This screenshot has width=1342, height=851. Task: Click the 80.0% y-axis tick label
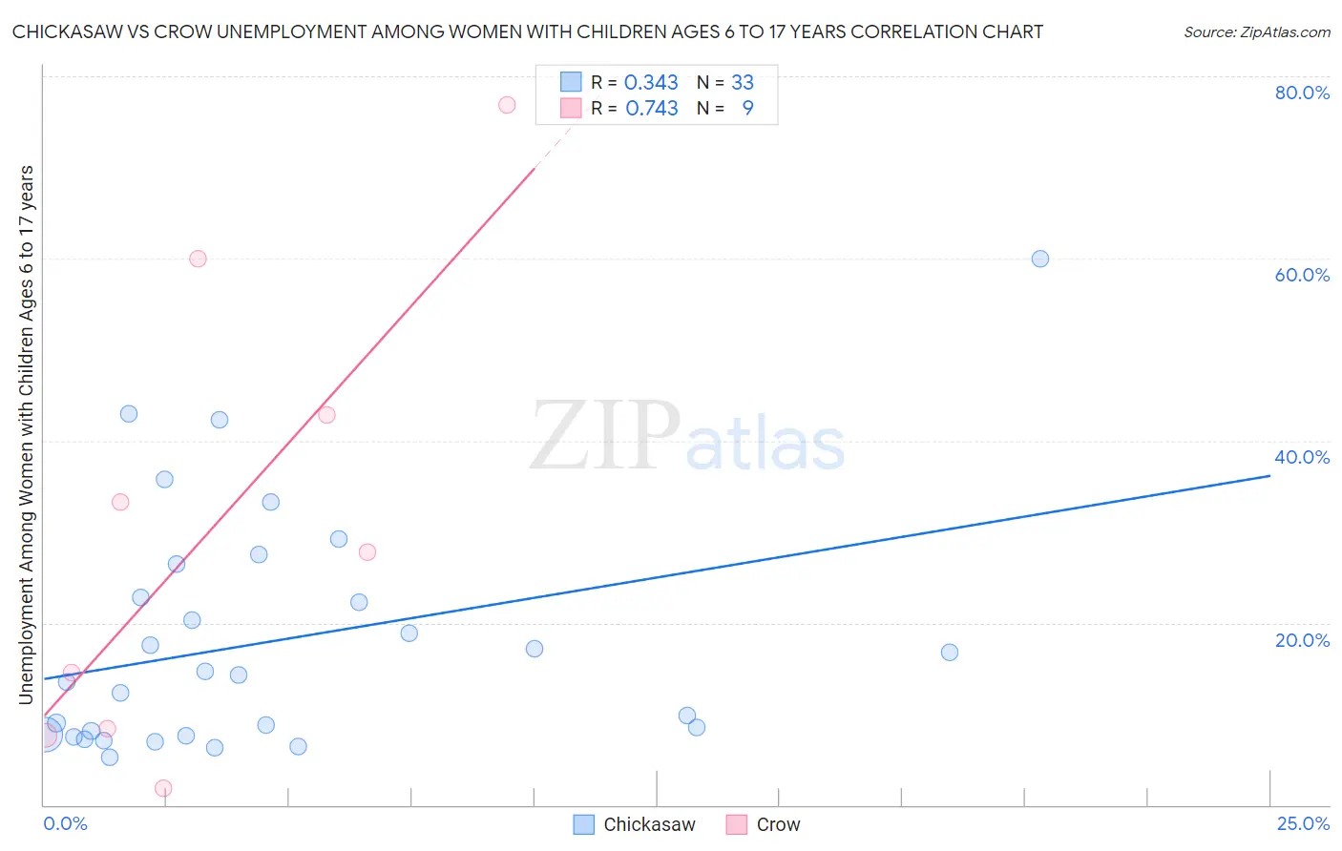click(x=1302, y=93)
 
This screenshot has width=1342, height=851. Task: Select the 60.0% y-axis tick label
click(x=1302, y=275)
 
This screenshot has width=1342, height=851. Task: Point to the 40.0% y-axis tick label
click(x=1302, y=457)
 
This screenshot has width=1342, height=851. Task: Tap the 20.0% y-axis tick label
click(x=1302, y=640)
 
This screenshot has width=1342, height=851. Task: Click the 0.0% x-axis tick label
click(x=65, y=823)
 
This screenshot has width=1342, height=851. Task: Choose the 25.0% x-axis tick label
click(x=1303, y=823)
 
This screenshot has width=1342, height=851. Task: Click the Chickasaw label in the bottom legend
click(x=649, y=824)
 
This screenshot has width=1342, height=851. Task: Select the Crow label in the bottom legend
click(x=778, y=824)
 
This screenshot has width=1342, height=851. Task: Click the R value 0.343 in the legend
click(x=651, y=83)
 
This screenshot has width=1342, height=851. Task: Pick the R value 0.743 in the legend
click(x=652, y=109)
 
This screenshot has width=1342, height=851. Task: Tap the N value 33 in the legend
click(x=743, y=83)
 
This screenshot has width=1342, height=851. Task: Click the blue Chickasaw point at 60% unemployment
click(x=1040, y=259)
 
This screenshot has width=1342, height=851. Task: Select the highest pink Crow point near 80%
click(x=507, y=105)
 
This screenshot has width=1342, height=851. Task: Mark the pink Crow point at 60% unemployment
click(x=198, y=259)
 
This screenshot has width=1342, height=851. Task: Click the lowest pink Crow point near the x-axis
click(x=163, y=788)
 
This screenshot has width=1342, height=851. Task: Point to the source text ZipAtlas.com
click(x=1256, y=31)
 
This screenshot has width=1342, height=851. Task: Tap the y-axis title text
click(x=26, y=435)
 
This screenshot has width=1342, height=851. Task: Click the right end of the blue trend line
click(x=1269, y=475)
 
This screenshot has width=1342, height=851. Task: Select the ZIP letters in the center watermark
click(x=604, y=437)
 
